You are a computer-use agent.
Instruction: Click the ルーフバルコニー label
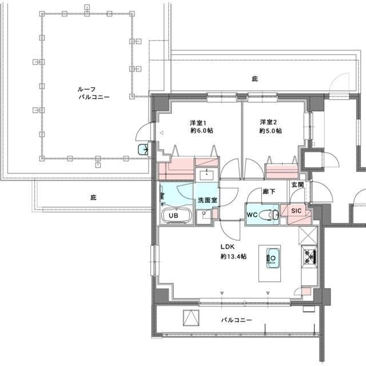coord(94,93)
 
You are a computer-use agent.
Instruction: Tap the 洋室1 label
coord(198,122)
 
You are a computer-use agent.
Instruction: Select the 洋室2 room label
coord(268,122)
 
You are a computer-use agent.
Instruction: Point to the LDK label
coord(228,246)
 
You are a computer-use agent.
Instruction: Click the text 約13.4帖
coord(233,257)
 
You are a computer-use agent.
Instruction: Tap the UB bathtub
coord(177,215)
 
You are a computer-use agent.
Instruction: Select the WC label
coord(252,214)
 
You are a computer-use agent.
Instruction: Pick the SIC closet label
coord(296,211)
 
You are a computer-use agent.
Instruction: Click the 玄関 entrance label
coord(297,185)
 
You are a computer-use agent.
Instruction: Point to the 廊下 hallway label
coord(269,192)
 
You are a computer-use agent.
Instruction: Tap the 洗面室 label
coord(208,200)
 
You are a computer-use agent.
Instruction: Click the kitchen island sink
coord(273,258)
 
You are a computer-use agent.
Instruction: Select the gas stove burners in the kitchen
coord(309,256)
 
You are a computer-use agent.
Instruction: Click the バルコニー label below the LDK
coord(237,320)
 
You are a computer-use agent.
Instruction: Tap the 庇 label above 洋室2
coord(255,79)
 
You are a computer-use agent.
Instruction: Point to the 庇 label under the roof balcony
coord(93,197)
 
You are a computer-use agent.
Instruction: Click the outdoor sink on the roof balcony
coord(143,150)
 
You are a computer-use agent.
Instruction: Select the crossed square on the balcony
coord(191,318)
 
